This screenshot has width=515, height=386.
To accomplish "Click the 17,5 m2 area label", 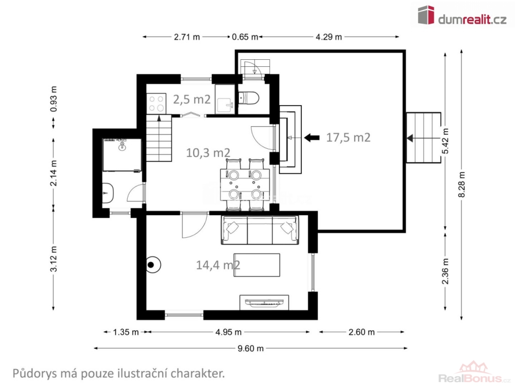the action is point(348,138).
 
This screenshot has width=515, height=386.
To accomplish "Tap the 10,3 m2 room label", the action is point(208,153).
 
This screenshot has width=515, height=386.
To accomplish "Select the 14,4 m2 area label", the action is point(218,265).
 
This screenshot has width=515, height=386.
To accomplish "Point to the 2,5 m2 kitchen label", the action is point(192,99).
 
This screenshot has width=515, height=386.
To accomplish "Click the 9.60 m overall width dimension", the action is point(250,348).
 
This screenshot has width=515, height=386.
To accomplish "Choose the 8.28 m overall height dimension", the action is point(462,184).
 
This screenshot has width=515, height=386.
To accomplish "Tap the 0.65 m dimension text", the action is point(245,37).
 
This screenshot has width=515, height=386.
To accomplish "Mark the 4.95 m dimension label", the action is point(228,332).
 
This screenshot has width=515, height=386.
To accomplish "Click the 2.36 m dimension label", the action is point(446,271).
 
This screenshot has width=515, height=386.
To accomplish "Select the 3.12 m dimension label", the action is point(53,259).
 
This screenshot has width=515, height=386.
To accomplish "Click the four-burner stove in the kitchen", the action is point(156,104).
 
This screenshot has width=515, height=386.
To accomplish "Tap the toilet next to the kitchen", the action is point(248,98).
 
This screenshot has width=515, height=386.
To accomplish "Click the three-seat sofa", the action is point(260,230).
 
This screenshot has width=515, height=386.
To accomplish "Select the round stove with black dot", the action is point(153,264).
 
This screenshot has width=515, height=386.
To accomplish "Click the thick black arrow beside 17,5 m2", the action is point(312,138).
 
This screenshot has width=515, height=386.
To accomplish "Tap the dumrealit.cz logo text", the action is point(472,20).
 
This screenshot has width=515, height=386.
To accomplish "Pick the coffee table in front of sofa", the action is point(257,265).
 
